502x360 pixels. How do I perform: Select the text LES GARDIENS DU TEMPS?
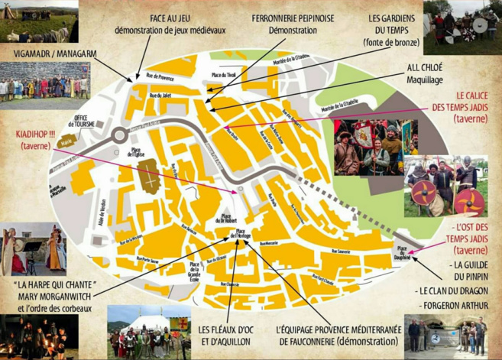click(389, 24)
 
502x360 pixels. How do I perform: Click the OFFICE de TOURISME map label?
click(83, 121)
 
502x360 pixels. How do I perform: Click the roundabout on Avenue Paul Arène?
click(118, 136)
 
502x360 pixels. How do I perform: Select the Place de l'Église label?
click(137, 152)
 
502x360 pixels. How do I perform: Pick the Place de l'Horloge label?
click(241, 235)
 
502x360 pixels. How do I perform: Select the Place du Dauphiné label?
click(401, 254)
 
